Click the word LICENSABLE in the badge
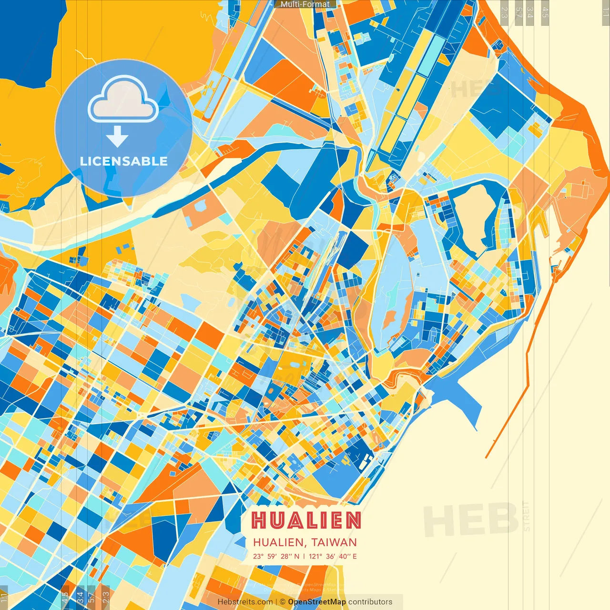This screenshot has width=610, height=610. click(x=124, y=161)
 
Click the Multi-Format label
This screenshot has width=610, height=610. click(x=305, y=4)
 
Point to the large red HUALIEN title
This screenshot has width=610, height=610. click(x=306, y=520)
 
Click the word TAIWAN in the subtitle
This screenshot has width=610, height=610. click(x=334, y=542)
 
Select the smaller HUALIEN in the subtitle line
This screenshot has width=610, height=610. click(x=278, y=542)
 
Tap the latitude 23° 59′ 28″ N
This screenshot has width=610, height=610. click(x=276, y=556)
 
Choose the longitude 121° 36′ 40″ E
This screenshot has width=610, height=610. click(x=333, y=556)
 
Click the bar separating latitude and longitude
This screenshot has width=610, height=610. click(x=304, y=556)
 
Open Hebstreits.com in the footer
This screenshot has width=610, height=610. click(x=245, y=602)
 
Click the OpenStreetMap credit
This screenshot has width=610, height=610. click(x=317, y=602)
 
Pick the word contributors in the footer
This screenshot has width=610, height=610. click(x=370, y=602)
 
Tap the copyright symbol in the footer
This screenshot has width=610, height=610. click(x=283, y=602)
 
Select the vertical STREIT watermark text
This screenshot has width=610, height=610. click(x=526, y=517)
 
